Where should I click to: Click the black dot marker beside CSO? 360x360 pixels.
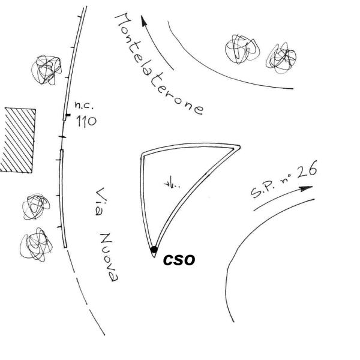pyautogui.click(x=154, y=250)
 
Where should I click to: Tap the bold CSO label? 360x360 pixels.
pyautogui.click(x=179, y=260)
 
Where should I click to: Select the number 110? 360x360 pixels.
pyautogui.click(x=86, y=121)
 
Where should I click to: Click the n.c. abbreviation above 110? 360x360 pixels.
pyautogui.click(x=84, y=106)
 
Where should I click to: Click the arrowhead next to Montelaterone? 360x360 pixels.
pyautogui.click(x=144, y=22)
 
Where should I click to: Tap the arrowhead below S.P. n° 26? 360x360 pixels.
pyautogui.click(x=306, y=189)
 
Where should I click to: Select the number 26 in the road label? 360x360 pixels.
pyautogui.click(x=307, y=170)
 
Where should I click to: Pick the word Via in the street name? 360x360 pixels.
pyautogui.click(x=100, y=202)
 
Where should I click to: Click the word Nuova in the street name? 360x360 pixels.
pyautogui.click(x=109, y=257)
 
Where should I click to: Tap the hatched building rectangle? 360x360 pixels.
pyautogui.click(x=17, y=140)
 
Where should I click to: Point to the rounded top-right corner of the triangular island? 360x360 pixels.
pyautogui.click(x=239, y=146)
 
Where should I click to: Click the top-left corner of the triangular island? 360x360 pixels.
pyautogui.click(x=142, y=154)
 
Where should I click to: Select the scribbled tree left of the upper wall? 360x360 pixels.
pyautogui.click(x=47, y=70)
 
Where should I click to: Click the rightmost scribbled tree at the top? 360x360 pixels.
pyautogui.click(x=281, y=58)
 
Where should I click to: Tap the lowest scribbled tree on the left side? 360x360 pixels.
pyautogui.click(x=36, y=245)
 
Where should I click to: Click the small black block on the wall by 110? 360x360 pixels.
pyautogui.click(x=68, y=115)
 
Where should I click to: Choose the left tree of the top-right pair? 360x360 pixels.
pyautogui.click(x=242, y=49)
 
